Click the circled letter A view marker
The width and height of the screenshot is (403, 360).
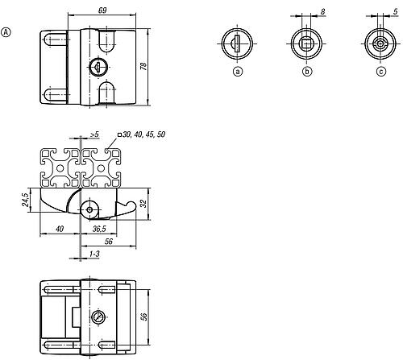click(x=7, y=32)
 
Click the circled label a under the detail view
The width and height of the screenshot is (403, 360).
click(x=237, y=72)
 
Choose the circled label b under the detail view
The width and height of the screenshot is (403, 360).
click(x=307, y=72)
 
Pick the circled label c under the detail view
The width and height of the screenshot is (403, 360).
click(x=378, y=72)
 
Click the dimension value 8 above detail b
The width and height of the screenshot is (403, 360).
click(x=322, y=11)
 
